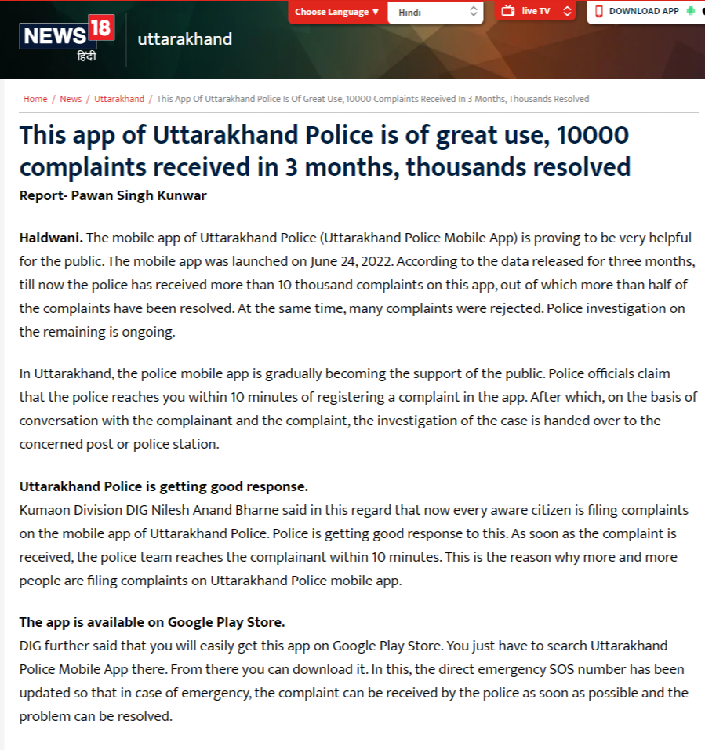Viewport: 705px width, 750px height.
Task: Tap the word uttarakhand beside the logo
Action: click(184, 38)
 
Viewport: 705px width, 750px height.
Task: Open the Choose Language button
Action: click(337, 12)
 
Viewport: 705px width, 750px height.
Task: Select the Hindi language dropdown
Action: click(437, 12)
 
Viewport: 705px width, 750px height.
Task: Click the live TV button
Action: click(536, 11)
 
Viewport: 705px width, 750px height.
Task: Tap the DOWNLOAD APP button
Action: click(643, 11)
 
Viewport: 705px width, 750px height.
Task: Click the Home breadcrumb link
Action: click(35, 99)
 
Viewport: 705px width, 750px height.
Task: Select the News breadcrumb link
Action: click(71, 99)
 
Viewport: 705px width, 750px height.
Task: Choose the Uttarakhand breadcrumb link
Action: click(119, 99)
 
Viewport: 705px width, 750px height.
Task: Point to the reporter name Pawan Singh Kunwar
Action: click(139, 195)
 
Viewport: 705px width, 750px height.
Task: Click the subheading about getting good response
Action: click(163, 486)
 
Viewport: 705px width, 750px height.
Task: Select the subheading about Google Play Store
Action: click(152, 622)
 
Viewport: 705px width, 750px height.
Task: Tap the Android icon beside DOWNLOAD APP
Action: click(690, 11)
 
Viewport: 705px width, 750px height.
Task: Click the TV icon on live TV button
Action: click(508, 11)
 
